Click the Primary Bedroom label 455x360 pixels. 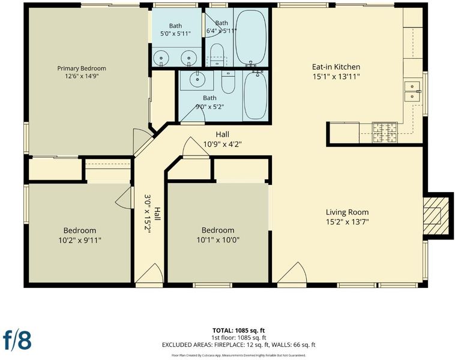[x=82, y=68]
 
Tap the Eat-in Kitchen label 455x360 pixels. [x=336, y=67]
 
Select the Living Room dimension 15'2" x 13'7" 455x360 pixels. [x=347, y=222]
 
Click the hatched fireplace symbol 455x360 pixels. [x=436, y=216]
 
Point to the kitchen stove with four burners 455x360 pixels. [x=385, y=133]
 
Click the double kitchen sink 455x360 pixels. [x=412, y=91]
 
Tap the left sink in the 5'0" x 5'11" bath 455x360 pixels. [x=160, y=58]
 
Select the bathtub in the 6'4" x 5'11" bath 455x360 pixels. [x=251, y=37]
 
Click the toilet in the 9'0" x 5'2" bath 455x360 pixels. [x=228, y=82]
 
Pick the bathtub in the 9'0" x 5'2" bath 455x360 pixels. [x=256, y=95]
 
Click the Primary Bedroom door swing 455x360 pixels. [x=143, y=142]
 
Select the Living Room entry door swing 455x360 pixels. [x=292, y=272]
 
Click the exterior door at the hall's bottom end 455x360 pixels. [x=149, y=273]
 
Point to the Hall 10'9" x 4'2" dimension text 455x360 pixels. [x=223, y=144]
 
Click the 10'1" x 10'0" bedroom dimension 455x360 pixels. [x=218, y=240]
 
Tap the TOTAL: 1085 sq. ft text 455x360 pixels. [x=238, y=331]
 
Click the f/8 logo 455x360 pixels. [x=17, y=340]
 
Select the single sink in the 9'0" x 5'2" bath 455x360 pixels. [x=197, y=79]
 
